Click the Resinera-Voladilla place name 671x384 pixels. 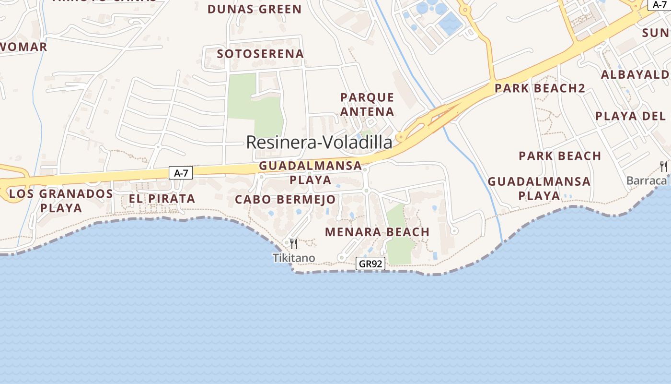(x=319, y=142)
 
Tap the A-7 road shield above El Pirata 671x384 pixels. (x=181, y=173)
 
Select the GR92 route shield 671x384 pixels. (x=371, y=264)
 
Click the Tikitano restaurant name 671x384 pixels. (x=294, y=258)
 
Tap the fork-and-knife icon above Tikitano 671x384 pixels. (x=294, y=244)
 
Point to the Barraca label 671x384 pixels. (x=647, y=180)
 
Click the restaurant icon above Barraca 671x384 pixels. (x=664, y=167)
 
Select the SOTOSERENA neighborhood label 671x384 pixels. (x=260, y=54)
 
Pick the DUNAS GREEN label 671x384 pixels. (x=255, y=9)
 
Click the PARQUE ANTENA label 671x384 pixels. (x=367, y=105)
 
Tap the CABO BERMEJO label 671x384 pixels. (x=285, y=199)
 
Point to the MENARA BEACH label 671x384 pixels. (x=377, y=232)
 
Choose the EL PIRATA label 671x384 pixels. (x=162, y=199)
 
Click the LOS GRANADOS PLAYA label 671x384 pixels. (x=61, y=201)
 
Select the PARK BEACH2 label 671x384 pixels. (x=540, y=88)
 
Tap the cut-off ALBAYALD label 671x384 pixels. (x=636, y=75)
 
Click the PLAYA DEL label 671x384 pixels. (x=631, y=116)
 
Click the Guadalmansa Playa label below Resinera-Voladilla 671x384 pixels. (x=311, y=173)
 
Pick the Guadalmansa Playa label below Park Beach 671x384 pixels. (x=539, y=189)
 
